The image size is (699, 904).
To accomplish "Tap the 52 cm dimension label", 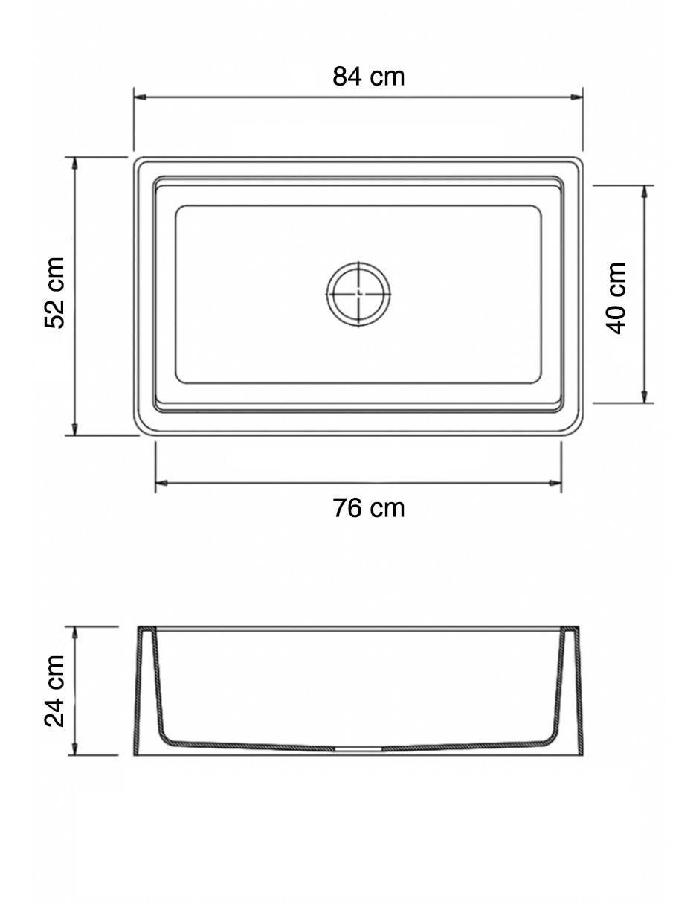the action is pos(54,293).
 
